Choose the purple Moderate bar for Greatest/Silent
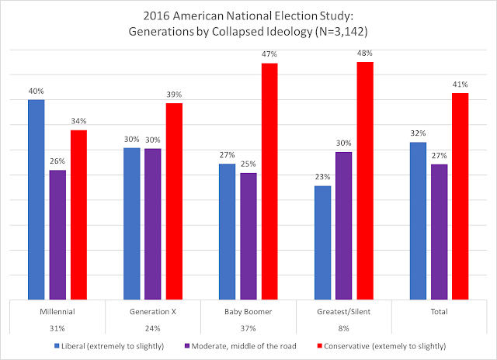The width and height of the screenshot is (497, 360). point(344,225)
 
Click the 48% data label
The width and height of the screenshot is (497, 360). point(365,54)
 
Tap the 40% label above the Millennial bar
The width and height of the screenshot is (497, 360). point(36,92)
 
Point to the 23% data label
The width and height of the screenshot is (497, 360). point(322,178)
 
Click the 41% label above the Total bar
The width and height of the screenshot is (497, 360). point(461,85)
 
